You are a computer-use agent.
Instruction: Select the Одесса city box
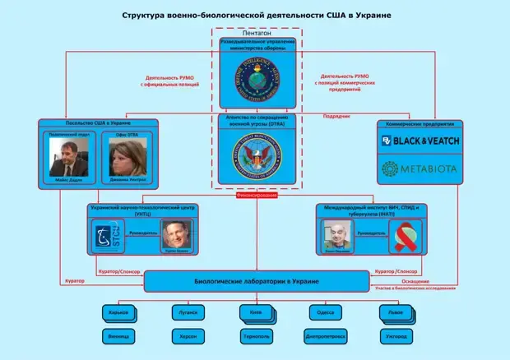pos(325,312)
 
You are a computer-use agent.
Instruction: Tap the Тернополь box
pos(255,336)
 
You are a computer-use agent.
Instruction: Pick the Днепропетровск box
pos(325,336)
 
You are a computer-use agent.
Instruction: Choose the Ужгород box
pos(394,336)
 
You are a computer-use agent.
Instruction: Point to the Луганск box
pos(186,312)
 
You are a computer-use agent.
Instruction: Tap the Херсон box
pos(186,336)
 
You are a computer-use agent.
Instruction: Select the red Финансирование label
pos(255,196)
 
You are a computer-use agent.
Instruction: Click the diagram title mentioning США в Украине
pos(255,14)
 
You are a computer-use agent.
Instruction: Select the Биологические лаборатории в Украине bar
pos(255,282)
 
